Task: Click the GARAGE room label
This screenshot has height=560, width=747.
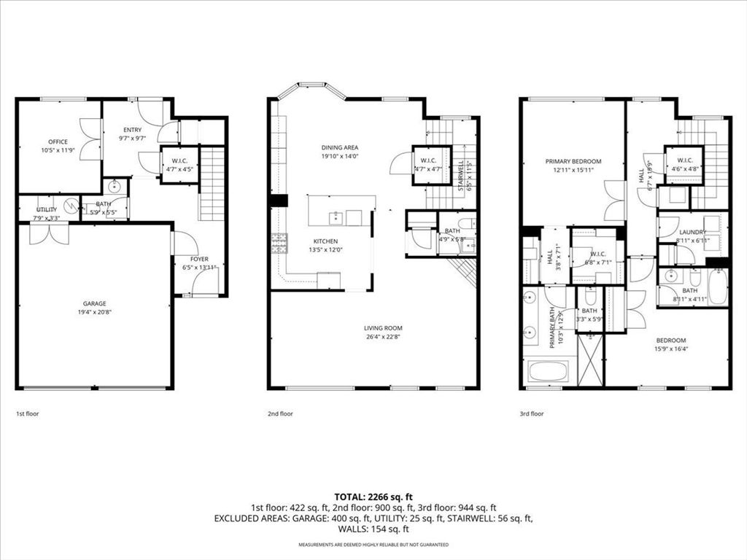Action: coord(94,303)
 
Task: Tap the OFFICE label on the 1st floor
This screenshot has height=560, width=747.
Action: coord(58,142)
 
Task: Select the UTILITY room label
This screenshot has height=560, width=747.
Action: coord(47,209)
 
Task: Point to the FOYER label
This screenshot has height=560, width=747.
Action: coord(199,259)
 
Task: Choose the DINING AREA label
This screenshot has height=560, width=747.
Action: coord(340,147)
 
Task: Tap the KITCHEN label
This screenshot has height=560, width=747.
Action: coord(325,241)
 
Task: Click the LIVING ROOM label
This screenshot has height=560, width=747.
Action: coord(383,328)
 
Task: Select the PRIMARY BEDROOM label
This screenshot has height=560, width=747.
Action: coord(573,161)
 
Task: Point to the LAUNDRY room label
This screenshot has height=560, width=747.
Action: coord(692,232)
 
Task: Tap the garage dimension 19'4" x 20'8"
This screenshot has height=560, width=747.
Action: coord(94,312)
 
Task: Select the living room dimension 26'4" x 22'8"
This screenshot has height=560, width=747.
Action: coord(383,337)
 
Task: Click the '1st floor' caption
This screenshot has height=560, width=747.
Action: coord(28,413)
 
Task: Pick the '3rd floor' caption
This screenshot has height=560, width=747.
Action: coord(532,413)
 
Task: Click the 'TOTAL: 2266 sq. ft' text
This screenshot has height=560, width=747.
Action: coord(373,496)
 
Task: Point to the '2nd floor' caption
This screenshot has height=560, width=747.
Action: coord(280,413)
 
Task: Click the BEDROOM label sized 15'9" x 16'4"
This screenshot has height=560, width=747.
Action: coord(670,341)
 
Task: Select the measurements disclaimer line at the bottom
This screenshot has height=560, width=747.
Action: coord(373,545)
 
